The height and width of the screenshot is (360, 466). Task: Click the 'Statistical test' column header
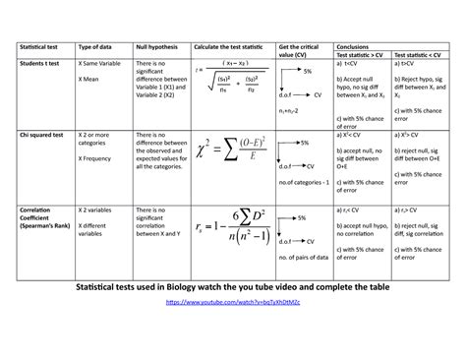tap(38, 46)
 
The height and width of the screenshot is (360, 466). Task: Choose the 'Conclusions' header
tap(354, 45)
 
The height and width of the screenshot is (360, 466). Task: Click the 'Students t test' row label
tap(39, 63)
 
